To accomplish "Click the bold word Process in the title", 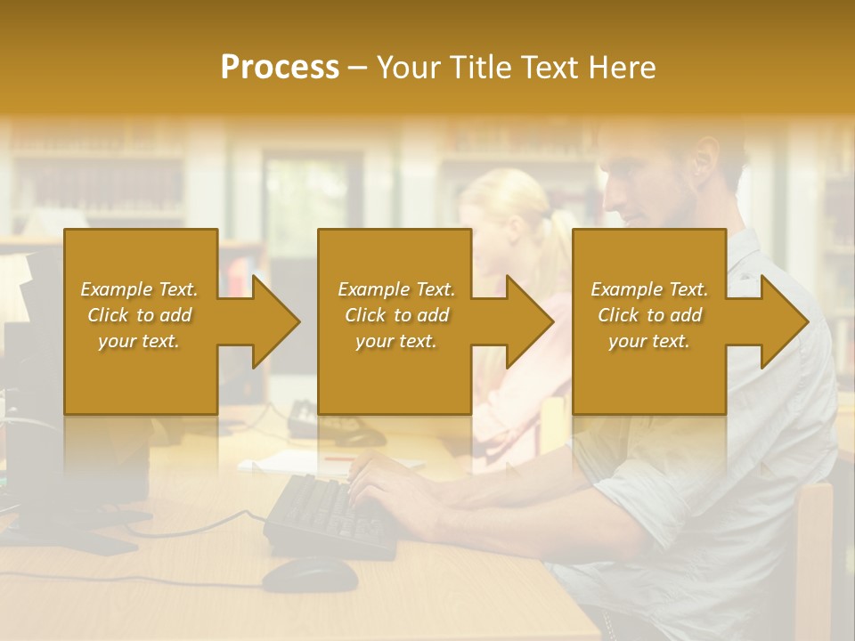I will pyautogui.click(x=280, y=68).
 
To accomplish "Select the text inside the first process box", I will pyautogui.click(x=140, y=315).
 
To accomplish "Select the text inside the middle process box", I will pyautogui.click(x=395, y=315).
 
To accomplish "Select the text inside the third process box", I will pyautogui.click(x=649, y=315).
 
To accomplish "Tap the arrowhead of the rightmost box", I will pyautogui.click(x=783, y=321).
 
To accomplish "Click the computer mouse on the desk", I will pyautogui.click(x=309, y=574).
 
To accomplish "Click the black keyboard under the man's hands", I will pyautogui.click(x=330, y=516).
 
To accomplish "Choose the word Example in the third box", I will pyautogui.click(x=624, y=289).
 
